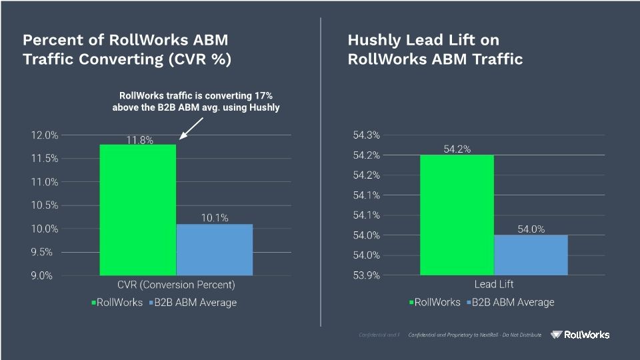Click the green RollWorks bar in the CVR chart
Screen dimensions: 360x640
(137, 209)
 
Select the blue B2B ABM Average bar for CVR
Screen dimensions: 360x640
(214, 249)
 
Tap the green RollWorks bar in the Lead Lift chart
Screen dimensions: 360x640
(457, 215)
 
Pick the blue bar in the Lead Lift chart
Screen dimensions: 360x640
(531, 255)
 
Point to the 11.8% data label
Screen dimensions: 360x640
(140, 140)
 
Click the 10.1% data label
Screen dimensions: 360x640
(215, 218)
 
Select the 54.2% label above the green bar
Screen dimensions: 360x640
(457, 149)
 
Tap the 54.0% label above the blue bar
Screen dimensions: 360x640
(531, 229)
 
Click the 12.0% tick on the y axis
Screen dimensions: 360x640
(45, 135)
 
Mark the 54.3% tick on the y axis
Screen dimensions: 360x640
(366, 135)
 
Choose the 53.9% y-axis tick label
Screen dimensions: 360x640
(366, 275)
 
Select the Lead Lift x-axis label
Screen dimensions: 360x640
(494, 285)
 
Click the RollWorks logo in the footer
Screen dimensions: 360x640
(580, 335)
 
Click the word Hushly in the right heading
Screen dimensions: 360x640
(375, 41)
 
